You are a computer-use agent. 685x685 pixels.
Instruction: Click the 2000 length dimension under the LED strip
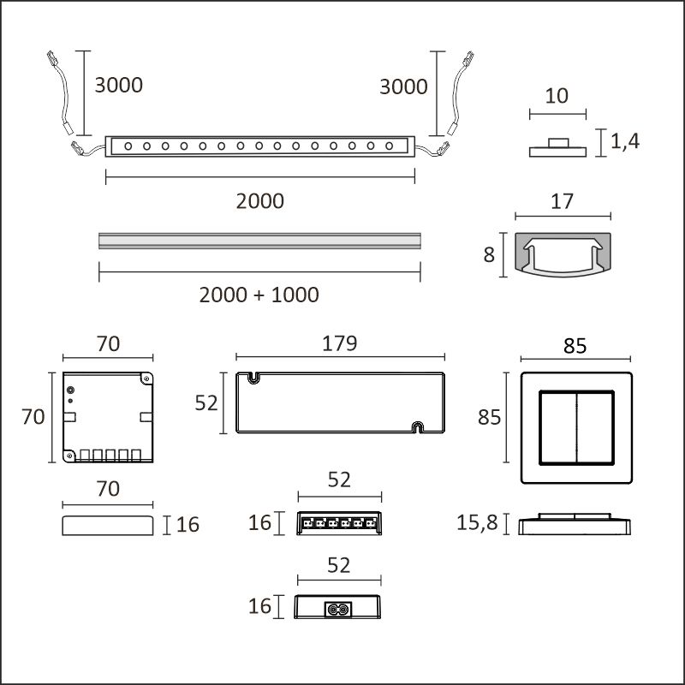pyautogui.click(x=260, y=201)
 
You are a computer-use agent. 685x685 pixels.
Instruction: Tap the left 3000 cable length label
pyautogui.click(x=119, y=85)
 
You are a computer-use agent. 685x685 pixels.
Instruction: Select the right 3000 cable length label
pyautogui.click(x=403, y=86)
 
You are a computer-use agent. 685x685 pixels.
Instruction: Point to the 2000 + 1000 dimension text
pyautogui.click(x=259, y=295)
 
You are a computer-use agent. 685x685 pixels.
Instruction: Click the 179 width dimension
pyautogui.click(x=339, y=344)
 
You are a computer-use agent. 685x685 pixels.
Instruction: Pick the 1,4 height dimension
pyautogui.click(x=625, y=141)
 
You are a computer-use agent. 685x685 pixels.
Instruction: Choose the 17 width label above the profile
pyautogui.click(x=562, y=201)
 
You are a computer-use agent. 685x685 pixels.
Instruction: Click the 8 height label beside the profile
pyautogui.click(x=489, y=254)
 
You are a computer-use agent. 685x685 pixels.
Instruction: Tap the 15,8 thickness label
pyautogui.click(x=477, y=522)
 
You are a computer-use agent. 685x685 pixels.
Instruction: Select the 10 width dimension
pyautogui.click(x=557, y=96)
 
